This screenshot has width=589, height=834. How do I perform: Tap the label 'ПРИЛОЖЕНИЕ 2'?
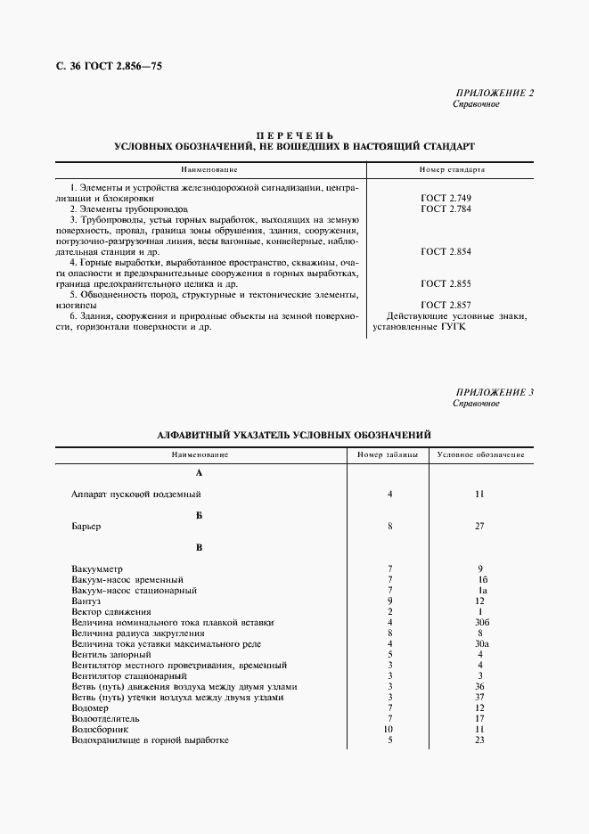click(x=495, y=93)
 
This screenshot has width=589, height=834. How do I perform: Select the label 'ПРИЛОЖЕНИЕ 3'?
click(x=495, y=392)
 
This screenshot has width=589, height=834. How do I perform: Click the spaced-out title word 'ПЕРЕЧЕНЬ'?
click(x=295, y=134)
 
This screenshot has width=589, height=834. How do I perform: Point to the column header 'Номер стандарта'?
click(x=452, y=168)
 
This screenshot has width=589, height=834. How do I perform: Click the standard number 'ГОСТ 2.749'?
click(x=446, y=197)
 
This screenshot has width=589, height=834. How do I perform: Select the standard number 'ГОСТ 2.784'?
click(x=446, y=208)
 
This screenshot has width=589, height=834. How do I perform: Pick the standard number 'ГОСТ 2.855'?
click(x=446, y=283)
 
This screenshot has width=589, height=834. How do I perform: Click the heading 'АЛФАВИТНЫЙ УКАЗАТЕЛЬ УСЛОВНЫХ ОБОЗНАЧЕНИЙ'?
click(x=294, y=434)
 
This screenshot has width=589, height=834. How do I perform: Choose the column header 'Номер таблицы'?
click(x=382, y=455)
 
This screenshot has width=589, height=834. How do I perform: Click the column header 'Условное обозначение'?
click(x=480, y=455)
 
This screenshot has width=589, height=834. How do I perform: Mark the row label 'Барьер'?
click(x=86, y=526)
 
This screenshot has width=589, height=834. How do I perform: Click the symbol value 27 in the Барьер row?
click(x=479, y=526)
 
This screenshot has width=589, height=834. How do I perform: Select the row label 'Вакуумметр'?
click(x=97, y=568)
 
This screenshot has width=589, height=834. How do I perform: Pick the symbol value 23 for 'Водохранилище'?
click(x=479, y=740)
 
